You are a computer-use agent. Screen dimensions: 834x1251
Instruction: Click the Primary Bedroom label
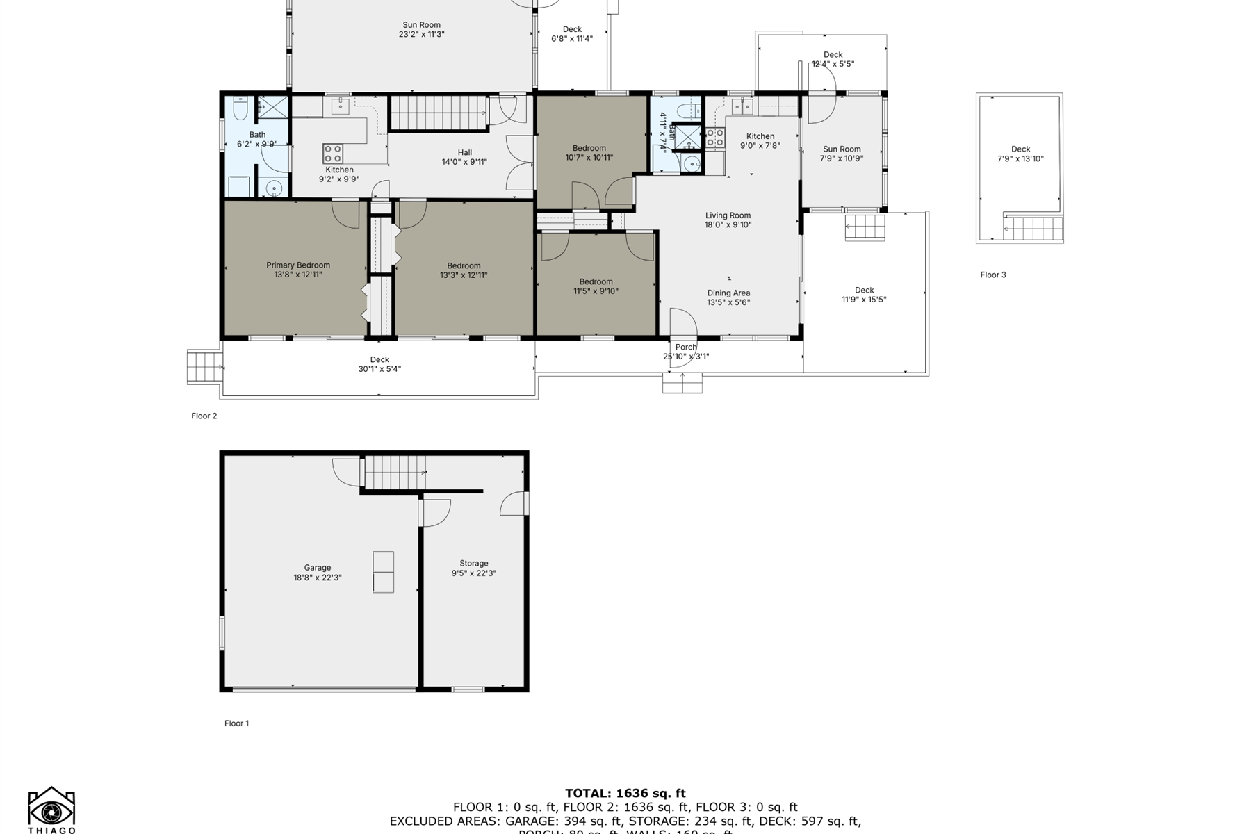click(298, 265)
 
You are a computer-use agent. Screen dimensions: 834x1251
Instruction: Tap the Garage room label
click(318, 568)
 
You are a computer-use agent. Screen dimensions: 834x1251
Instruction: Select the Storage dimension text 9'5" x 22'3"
click(473, 573)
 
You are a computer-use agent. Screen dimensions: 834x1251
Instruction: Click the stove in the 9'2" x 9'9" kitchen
click(332, 153)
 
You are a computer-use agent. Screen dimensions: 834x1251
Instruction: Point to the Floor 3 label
click(993, 275)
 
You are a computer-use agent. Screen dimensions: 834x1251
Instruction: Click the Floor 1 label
click(236, 723)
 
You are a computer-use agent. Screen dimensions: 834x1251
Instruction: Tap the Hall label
click(465, 153)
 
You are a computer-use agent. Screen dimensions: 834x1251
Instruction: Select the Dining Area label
click(728, 293)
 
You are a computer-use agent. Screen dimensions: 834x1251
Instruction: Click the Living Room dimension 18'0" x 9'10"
click(728, 224)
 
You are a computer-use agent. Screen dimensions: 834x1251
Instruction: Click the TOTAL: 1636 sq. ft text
click(625, 793)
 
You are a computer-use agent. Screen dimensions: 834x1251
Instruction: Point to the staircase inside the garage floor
click(395, 472)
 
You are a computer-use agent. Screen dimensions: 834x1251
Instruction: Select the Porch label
click(686, 347)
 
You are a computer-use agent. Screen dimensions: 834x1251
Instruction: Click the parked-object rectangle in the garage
click(383, 572)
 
